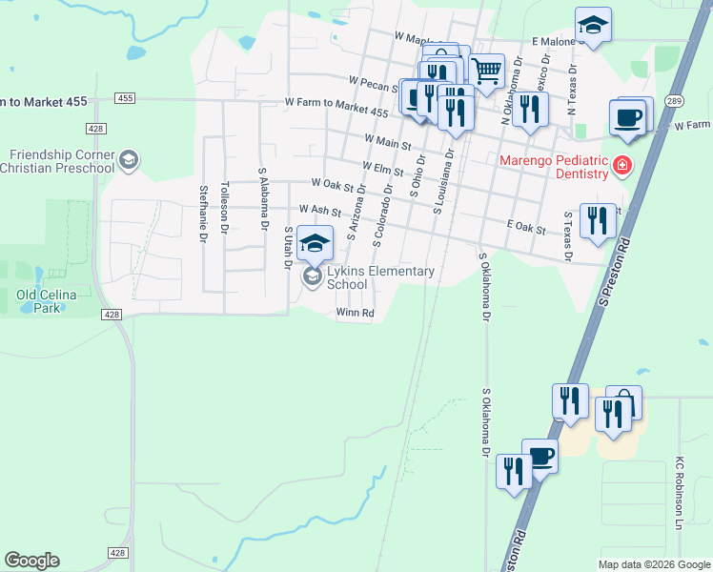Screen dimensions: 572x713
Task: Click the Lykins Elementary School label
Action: [x=380, y=277]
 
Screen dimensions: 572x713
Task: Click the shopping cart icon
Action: [x=487, y=70]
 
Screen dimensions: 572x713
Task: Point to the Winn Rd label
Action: [x=355, y=313]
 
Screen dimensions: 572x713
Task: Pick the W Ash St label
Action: [x=319, y=210]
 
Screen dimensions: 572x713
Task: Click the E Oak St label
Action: [x=526, y=229]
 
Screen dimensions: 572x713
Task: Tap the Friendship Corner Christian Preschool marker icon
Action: [x=128, y=160]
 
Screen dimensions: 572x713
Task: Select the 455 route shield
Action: [x=125, y=98]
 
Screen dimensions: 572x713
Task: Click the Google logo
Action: [x=31, y=561]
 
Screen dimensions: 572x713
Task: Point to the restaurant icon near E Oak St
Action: [x=598, y=220]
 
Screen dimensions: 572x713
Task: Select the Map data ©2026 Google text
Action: [x=653, y=564]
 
